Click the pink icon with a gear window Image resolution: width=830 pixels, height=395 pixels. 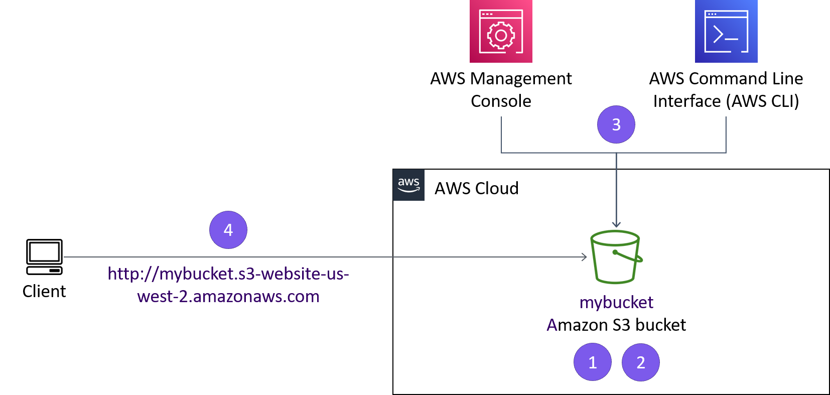[x=501, y=31]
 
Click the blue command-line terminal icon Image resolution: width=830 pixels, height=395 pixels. [x=726, y=31]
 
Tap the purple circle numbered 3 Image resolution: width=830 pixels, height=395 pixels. [x=616, y=124]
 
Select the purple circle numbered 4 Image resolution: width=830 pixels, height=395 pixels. [x=228, y=230]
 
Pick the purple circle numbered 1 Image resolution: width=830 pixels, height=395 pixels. [x=593, y=362]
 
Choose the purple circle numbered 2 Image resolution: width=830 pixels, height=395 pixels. [x=641, y=362]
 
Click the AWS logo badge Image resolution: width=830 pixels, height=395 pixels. [x=408, y=185]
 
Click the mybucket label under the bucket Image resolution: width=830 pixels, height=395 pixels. [x=616, y=302]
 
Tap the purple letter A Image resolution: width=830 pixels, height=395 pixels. [x=552, y=325]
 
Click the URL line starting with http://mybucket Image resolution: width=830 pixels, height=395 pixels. [x=228, y=274]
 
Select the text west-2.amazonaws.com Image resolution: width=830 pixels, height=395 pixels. [x=228, y=297]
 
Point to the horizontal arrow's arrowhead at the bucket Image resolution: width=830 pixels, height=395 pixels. [x=585, y=257]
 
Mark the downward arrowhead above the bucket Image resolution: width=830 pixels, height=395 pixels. [x=616, y=225]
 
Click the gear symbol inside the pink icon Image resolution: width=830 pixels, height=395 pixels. [x=501, y=36]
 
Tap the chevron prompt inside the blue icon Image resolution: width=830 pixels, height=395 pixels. [x=718, y=35]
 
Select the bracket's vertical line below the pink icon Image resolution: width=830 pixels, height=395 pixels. [x=501, y=135]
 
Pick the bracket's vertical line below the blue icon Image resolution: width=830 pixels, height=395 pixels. [x=726, y=135]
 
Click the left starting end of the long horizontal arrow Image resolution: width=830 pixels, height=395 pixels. [x=65, y=257]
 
